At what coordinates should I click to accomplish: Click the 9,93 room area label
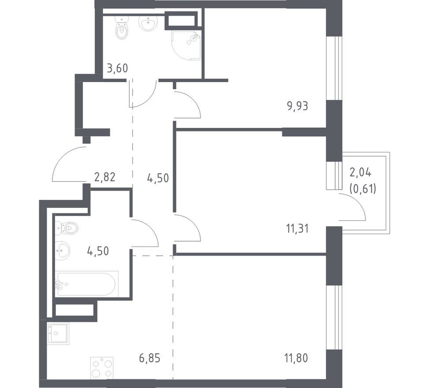(298, 106)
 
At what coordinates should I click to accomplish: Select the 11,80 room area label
(297, 358)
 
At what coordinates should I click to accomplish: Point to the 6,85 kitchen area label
(149, 358)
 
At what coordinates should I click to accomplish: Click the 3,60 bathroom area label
(117, 68)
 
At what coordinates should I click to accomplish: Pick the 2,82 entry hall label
(104, 177)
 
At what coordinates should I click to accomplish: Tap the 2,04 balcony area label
(361, 173)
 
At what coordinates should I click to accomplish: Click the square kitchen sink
(58, 333)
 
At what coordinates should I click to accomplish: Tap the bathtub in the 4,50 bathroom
(87, 284)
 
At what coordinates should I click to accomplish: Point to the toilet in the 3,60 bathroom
(122, 28)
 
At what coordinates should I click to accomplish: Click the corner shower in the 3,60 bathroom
(187, 45)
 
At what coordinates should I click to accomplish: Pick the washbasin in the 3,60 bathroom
(149, 23)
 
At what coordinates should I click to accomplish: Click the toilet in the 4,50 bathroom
(67, 228)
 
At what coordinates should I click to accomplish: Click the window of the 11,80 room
(334, 317)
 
